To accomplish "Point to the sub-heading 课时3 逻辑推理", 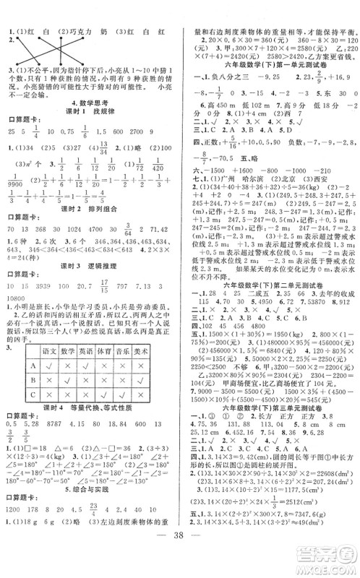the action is pyautogui.click(x=89, y=267).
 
